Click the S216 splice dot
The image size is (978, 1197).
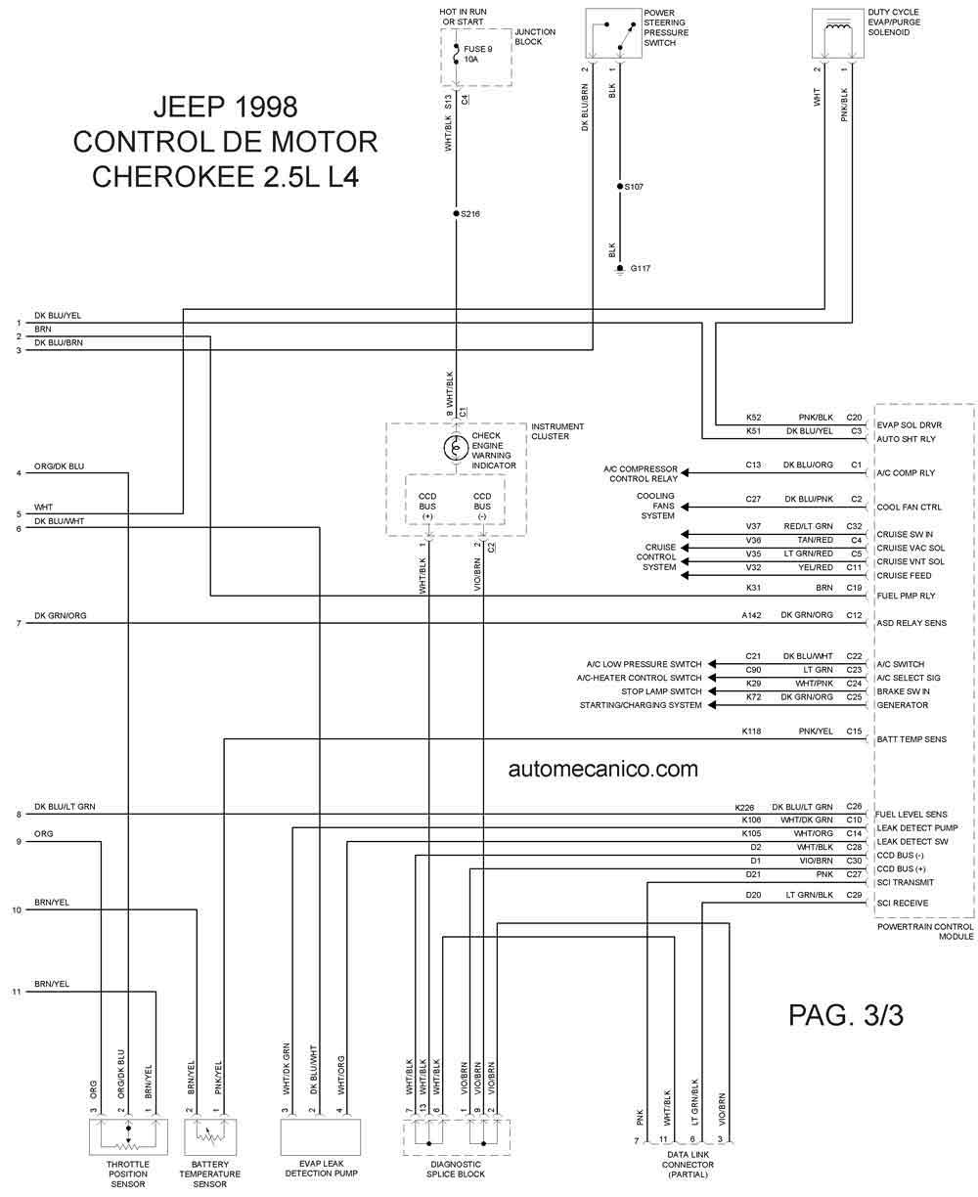[456, 213]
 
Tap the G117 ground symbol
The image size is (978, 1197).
[620, 270]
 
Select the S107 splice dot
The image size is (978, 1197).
[620, 186]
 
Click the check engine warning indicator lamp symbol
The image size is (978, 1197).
[455, 448]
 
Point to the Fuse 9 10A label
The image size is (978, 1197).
[477, 54]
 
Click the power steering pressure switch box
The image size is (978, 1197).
[613, 33]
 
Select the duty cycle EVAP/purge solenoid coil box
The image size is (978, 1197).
[837, 33]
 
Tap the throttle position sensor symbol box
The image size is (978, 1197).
[128, 1136]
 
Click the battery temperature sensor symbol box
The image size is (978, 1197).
[210, 1136]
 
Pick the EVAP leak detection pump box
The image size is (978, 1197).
[321, 1136]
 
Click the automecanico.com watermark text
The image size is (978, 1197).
[602, 769]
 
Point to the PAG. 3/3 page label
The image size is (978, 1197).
[845, 1015]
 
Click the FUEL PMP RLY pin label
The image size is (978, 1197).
[906, 596]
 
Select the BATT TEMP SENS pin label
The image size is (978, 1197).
[911, 739]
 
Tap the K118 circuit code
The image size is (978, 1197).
[751, 731]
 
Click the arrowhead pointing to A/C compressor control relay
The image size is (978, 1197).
[686, 472]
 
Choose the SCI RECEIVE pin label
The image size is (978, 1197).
[903, 903]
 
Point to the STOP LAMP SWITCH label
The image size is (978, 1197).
[661, 691]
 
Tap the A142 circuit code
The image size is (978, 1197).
[751, 615]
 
